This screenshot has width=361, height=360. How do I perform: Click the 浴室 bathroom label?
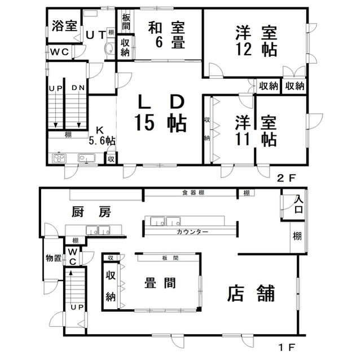[64, 26]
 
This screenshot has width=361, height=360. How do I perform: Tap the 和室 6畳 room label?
[166, 35]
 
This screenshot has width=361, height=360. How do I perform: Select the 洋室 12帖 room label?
[256, 41]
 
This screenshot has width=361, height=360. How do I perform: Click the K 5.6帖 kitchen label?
[102, 136]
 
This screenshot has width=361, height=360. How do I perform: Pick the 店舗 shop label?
[251, 293]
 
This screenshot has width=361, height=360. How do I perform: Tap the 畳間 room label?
[160, 283]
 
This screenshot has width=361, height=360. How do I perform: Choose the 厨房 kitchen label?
[91, 212]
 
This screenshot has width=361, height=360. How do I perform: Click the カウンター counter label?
[192, 232]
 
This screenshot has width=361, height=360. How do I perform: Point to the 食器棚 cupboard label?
[193, 193]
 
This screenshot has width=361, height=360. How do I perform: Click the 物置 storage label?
[54, 258]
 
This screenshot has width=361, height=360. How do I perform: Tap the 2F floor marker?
[286, 178]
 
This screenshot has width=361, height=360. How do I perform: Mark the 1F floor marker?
[287, 347]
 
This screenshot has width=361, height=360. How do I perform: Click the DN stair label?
[78, 87]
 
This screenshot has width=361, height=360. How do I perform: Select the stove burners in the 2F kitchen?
[59, 158]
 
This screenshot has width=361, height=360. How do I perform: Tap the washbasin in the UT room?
[109, 48]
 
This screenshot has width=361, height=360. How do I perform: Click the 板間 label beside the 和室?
[126, 21]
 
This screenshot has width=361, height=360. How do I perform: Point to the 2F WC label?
[60, 52]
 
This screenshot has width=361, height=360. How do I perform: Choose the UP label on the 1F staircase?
[77, 308]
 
